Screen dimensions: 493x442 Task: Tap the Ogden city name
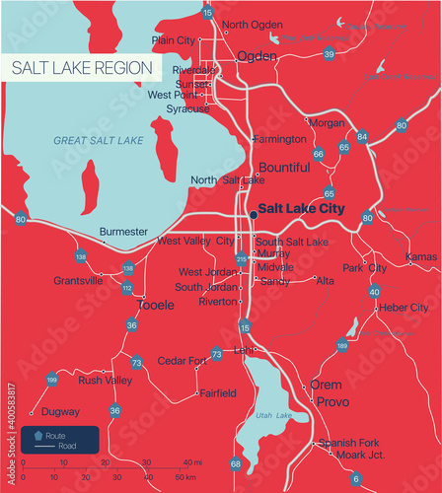tap(257, 56)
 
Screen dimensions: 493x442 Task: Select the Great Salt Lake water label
tap(98, 141)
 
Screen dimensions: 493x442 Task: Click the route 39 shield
tap(329, 54)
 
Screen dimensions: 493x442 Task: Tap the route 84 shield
tap(362, 137)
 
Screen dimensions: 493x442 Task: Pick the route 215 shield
tap(242, 258)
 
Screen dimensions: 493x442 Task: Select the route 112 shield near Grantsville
tap(127, 288)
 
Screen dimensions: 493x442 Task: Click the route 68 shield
tap(235, 463)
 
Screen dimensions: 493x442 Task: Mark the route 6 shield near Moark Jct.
tap(355, 478)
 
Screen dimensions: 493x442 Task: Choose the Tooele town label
tap(156, 306)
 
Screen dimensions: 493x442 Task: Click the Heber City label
tap(405, 308)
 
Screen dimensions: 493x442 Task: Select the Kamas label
tap(421, 256)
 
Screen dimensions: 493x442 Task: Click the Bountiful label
tap(283, 168)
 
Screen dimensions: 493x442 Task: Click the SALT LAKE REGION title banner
tap(83, 67)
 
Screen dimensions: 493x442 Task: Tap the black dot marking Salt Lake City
tap(252, 213)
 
